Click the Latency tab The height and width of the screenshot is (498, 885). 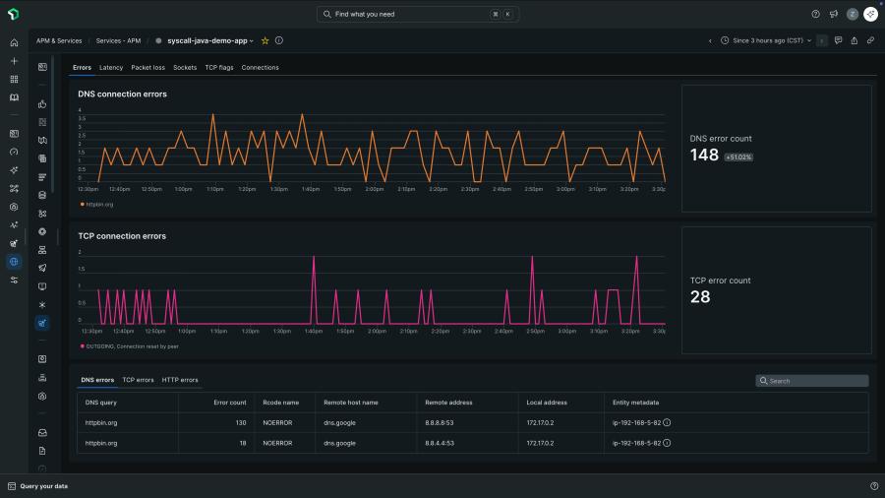(111, 68)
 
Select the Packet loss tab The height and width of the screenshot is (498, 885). (147, 68)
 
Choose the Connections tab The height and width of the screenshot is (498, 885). (260, 68)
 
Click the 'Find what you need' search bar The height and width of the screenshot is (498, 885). (418, 15)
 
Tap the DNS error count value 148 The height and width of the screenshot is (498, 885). (704, 155)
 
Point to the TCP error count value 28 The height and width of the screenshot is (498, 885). (699, 296)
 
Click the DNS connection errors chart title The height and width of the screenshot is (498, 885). (122, 94)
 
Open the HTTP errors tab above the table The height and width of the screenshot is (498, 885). (180, 380)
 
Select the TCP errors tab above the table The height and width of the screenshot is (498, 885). (138, 380)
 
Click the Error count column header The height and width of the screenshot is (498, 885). (230, 403)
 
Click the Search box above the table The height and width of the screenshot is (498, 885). (812, 381)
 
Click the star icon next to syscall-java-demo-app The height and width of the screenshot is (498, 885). (265, 41)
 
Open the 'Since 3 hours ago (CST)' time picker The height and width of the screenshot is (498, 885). (766, 41)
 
